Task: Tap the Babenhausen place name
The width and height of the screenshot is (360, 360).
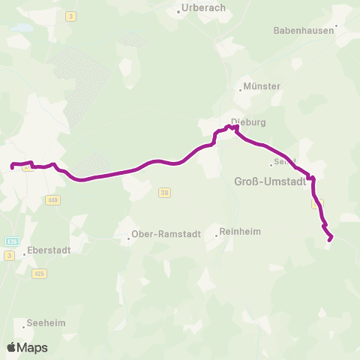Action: (x=304, y=31)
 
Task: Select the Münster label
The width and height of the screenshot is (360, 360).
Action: (x=262, y=86)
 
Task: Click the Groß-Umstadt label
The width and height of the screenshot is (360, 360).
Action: (x=266, y=181)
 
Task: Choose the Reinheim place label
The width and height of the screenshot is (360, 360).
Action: (x=240, y=232)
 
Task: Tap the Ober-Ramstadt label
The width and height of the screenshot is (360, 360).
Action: (x=166, y=233)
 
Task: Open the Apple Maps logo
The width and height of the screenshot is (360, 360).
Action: (x=27, y=347)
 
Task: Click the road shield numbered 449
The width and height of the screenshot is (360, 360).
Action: (x=52, y=199)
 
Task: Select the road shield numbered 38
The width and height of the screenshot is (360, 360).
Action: (x=165, y=193)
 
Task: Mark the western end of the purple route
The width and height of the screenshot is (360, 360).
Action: (x=12, y=165)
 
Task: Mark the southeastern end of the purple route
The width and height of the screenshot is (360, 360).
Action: (x=331, y=240)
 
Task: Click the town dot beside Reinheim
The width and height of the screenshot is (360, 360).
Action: (x=217, y=235)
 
